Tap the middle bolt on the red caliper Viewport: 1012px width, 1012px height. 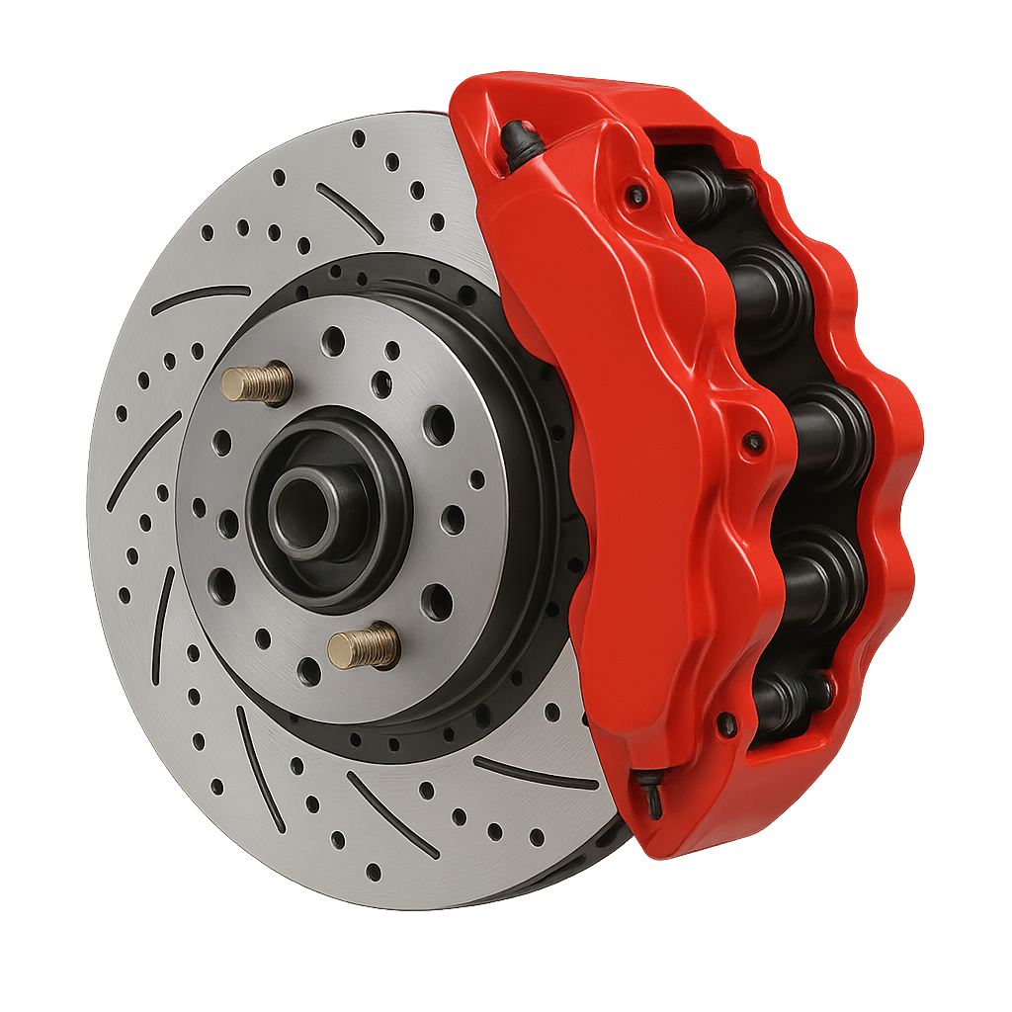(x=754, y=442)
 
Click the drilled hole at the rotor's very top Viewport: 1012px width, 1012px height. (x=359, y=137)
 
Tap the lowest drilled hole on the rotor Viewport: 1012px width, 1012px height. (x=374, y=871)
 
